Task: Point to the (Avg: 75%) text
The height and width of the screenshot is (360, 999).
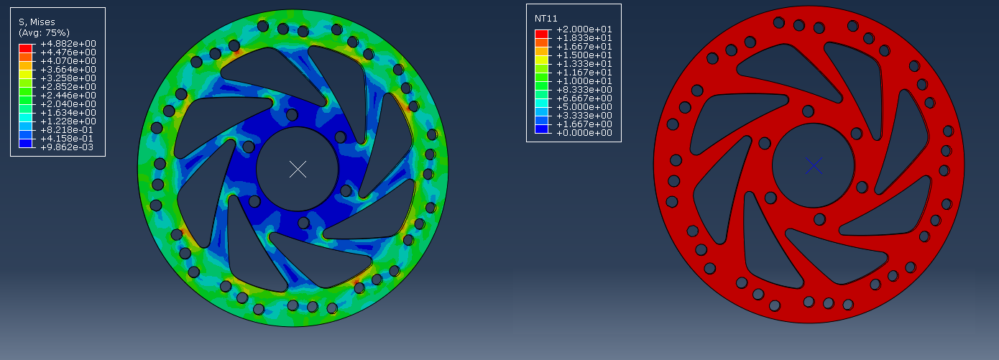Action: pyautogui.click(x=44, y=33)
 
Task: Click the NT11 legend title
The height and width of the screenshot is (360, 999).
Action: pyautogui.click(x=546, y=18)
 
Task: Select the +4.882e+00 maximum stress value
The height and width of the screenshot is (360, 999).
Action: pyautogui.click(x=68, y=44)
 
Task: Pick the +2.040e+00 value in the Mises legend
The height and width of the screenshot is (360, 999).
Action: pyautogui.click(x=68, y=103)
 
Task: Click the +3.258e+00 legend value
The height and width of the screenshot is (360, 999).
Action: pyautogui.click(x=68, y=78)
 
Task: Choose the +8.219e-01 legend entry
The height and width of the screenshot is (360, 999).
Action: pyautogui.click(x=68, y=129)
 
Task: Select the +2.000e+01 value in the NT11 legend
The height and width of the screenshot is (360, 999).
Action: pyautogui.click(x=584, y=29)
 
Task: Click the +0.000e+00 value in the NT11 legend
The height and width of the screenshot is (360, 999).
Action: pyautogui.click(x=584, y=132)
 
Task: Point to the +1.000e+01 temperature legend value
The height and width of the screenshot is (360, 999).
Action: pyautogui.click(x=584, y=81)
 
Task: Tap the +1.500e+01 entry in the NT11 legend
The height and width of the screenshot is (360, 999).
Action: pyautogui.click(x=584, y=55)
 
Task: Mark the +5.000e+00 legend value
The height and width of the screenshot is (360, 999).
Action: pyautogui.click(x=584, y=107)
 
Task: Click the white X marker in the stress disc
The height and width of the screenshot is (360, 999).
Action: pyautogui.click(x=298, y=170)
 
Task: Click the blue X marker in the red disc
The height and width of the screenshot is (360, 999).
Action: pyautogui.click(x=814, y=166)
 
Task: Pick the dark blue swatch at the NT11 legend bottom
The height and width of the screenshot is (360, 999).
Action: pyautogui.click(x=542, y=129)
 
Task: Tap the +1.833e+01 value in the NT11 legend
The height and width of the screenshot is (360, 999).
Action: pyautogui.click(x=584, y=38)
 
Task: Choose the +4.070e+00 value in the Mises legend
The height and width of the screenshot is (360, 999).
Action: pyautogui.click(x=68, y=60)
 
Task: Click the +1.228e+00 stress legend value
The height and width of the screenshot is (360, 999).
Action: pyautogui.click(x=68, y=121)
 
